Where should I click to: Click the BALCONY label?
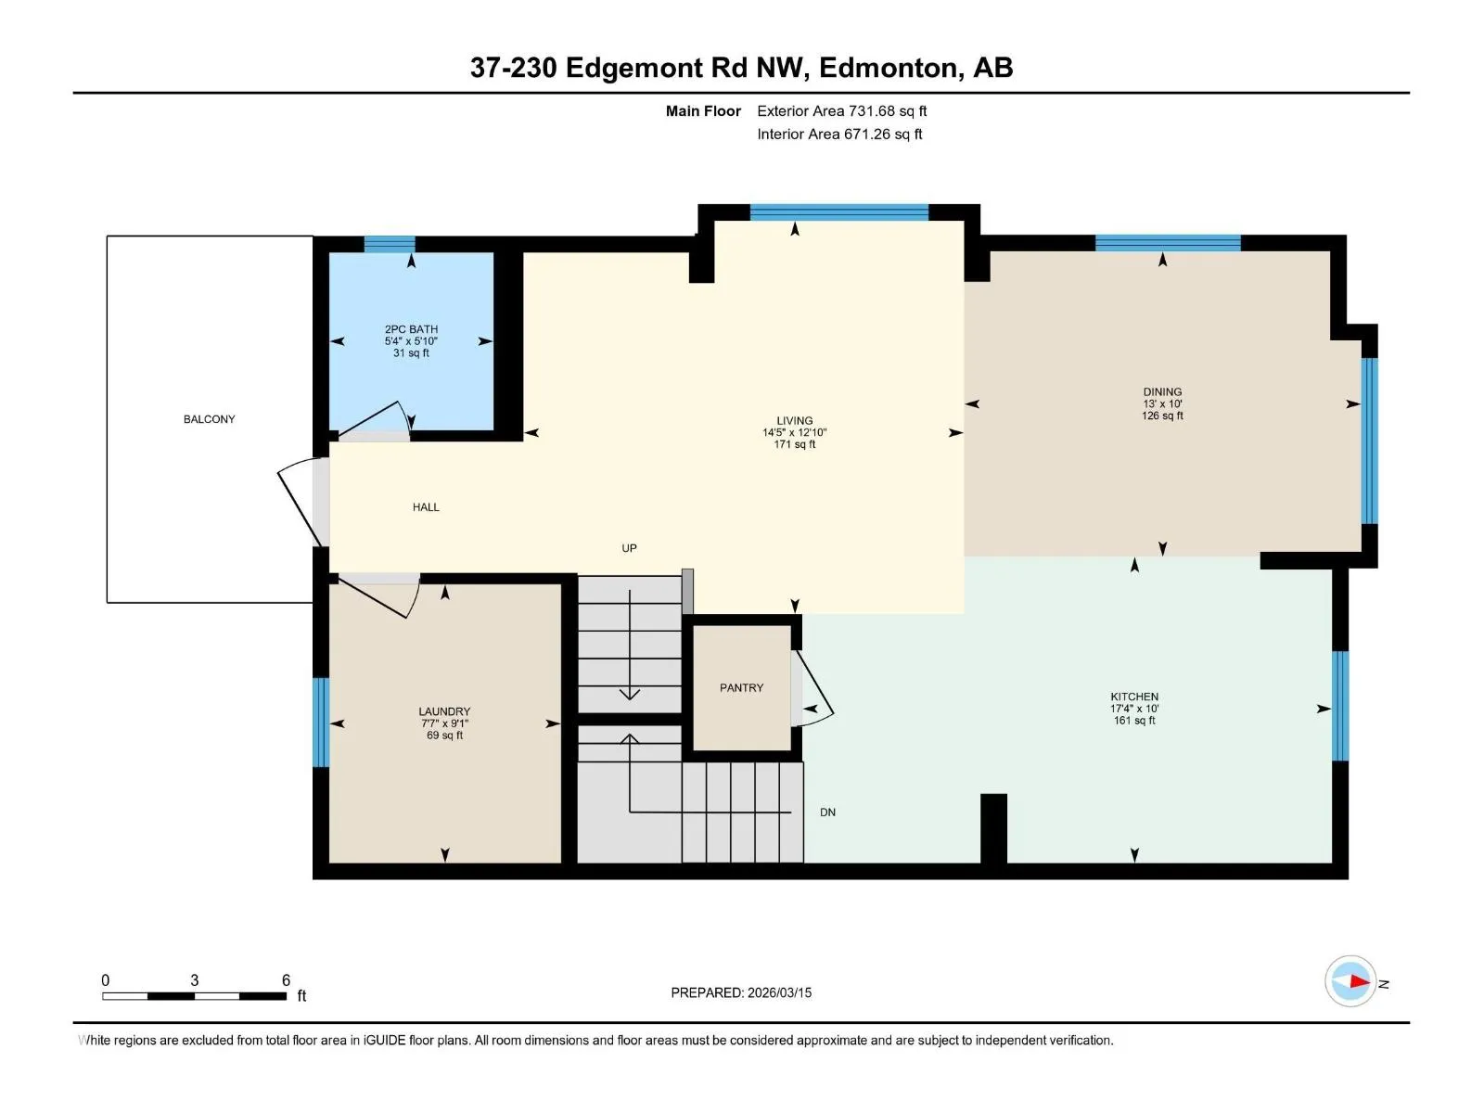(x=209, y=419)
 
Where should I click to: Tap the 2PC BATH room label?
(x=411, y=329)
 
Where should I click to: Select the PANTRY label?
(x=741, y=687)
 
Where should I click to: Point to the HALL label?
(x=426, y=506)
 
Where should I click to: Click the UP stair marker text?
(x=629, y=548)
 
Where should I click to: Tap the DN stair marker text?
(x=827, y=812)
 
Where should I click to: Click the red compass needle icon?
(x=1360, y=981)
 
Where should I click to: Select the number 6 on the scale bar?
(x=286, y=979)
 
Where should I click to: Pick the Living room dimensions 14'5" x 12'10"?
(x=794, y=432)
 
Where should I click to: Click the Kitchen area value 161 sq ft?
(x=1134, y=721)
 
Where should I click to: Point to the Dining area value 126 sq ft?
(x=1162, y=416)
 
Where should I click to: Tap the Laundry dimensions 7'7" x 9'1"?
(x=444, y=723)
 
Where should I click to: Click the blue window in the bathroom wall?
(x=390, y=244)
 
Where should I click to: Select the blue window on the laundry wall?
(x=321, y=722)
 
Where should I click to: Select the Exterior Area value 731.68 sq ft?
(x=888, y=110)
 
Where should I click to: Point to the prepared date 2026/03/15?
(x=779, y=992)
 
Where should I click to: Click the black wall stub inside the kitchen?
(x=993, y=828)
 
